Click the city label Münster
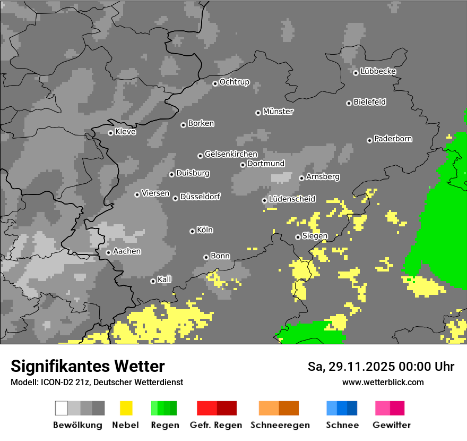(278, 112)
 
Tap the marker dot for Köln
(192, 231)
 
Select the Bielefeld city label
(370, 102)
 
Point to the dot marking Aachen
(108, 252)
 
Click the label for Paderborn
(393, 139)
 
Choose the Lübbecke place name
(378, 71)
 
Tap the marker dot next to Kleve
(110, 133)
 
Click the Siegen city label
(315, 236)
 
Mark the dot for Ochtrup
(215, 83)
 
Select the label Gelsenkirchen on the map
(231, 155)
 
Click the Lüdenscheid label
(292, 199)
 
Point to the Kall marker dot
(153, 281)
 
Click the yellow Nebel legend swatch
(126, 408)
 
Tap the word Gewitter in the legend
(392, 425)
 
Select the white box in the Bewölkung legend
(62, 408)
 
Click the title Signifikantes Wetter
(88, 366)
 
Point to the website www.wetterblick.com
(383, 382)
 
